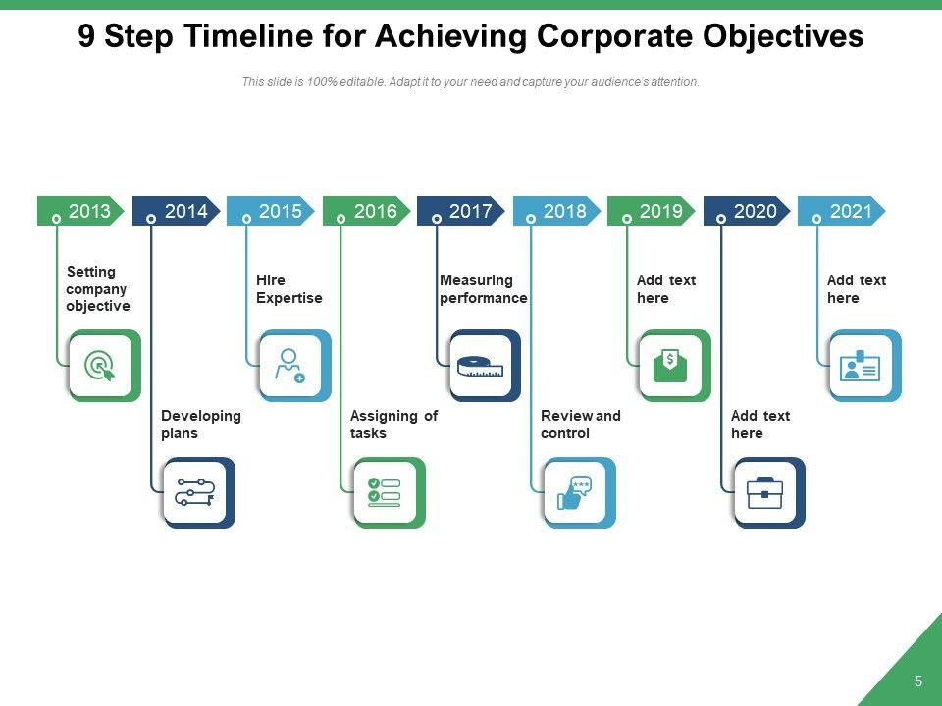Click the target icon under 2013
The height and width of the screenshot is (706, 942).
[x=100, y=366]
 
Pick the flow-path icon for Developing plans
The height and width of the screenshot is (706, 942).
[x=194, y=492]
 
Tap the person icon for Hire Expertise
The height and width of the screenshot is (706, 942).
[x=290, y=366]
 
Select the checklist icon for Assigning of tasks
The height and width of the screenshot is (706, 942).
[x=385, y=492]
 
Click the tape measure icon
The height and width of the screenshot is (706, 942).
[x=481, y=367]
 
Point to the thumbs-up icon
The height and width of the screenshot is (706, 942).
[x=575, y=492]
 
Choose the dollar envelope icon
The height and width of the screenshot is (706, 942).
[x=670, y=366]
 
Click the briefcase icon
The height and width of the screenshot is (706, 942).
[x=765, y=492]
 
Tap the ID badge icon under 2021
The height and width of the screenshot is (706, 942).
[x=861, y=366]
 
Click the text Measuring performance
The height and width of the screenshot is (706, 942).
[x=483, y=289]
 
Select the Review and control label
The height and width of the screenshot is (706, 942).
[x=580, y=425]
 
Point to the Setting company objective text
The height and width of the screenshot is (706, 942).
[x=97, y=288]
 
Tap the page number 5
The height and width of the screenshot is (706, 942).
[x=918, y=681]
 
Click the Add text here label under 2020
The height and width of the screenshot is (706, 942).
[x=759, y=425]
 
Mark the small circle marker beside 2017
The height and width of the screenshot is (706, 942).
[x=436, y=219]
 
